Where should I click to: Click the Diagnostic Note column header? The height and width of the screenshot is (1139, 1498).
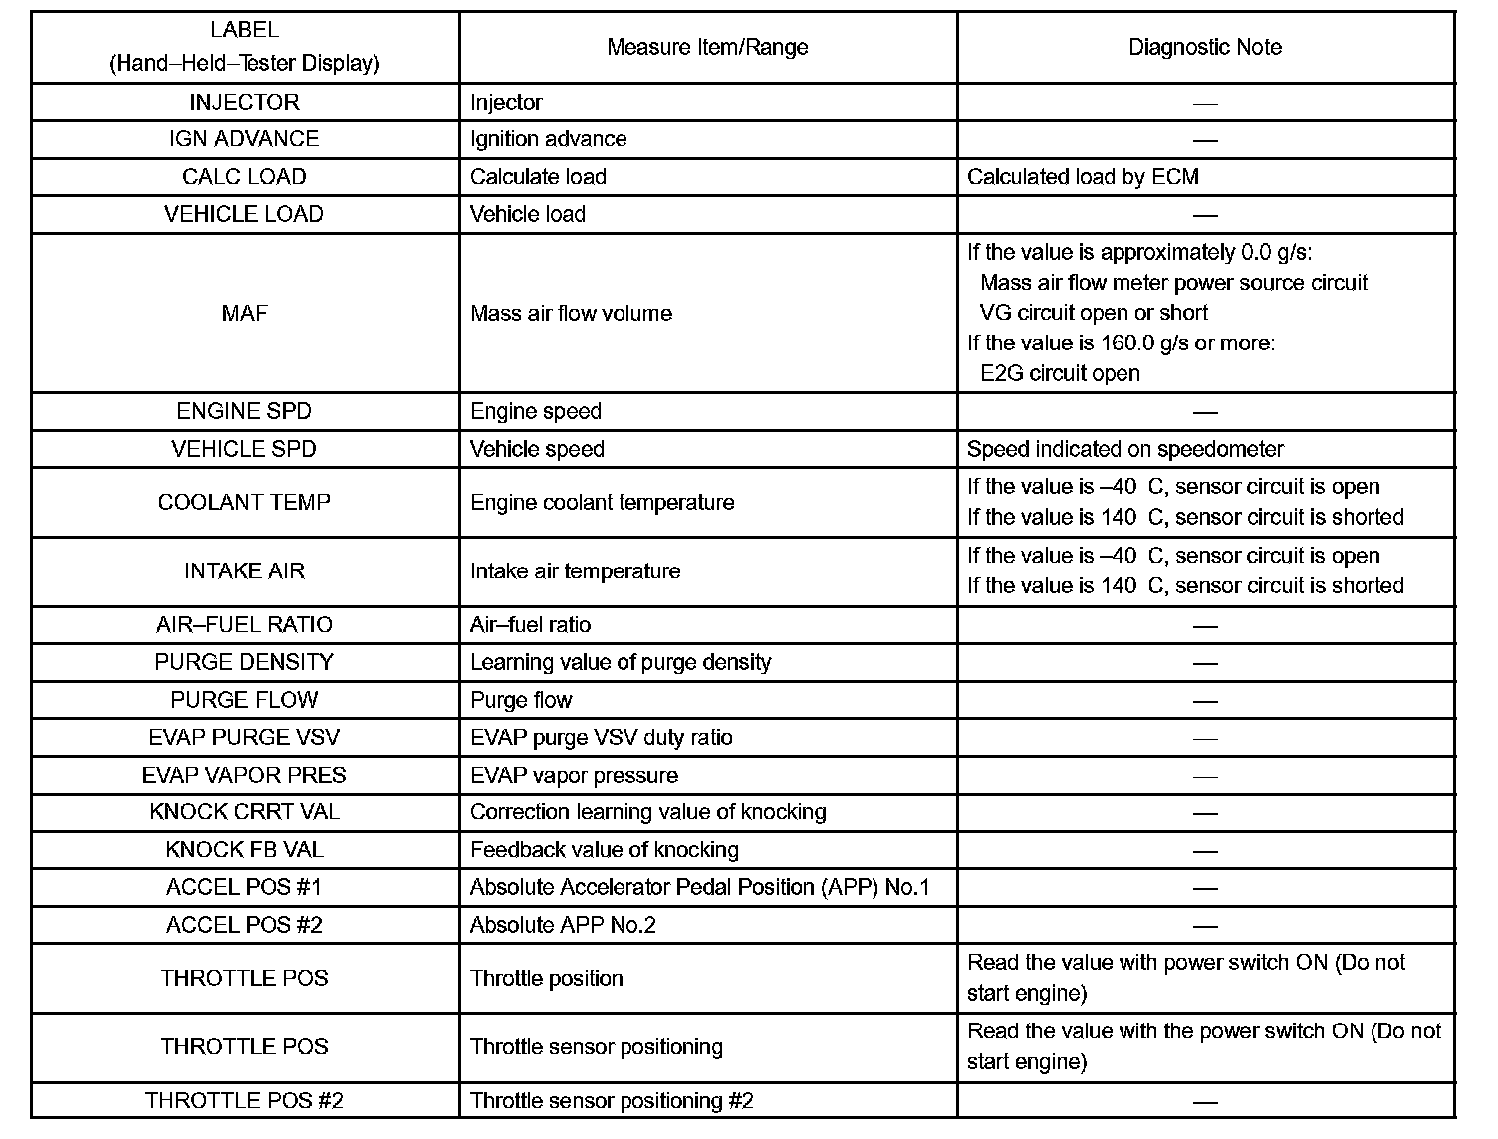pyautogui.click(x=1204, y=47)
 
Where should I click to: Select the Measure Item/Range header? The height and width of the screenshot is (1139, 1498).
pyautogui.click(x=707, y=47)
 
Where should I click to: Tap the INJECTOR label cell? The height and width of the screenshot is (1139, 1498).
pyautogui.click(x=244, y=102)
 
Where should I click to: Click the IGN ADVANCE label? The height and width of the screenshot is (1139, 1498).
pyautogui.click(x=244, y=139)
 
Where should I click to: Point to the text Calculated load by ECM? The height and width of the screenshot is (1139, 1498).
pyautogui.click(x=1083, y=177)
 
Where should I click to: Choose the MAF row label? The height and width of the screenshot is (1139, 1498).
pyautogui.click(x=244, y=313)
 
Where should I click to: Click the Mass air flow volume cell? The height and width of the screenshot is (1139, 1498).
pyautogui.click(x=571, y=313)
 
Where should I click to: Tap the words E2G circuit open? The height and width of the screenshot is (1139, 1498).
pyautogui.click(x=1060, y=373)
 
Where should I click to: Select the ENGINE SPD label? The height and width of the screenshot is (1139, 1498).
pyautogui.click(x=244, y=411)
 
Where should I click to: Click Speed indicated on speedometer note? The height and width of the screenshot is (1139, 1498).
pyautogui.click(x=1125, y=449)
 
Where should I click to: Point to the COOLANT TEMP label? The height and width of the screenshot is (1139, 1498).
pyautogui.click(x=244, y=502)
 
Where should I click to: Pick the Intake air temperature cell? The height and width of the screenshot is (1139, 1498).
pyautogui.click(x=575, y=571)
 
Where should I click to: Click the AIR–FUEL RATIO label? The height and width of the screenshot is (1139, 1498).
pyautogui.click(x=244, y=625)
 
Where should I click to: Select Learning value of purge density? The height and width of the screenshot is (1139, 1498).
pyautogui.click(x=621, y=663)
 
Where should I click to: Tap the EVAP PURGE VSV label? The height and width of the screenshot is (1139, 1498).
pyautogui.click(x=244, y=738)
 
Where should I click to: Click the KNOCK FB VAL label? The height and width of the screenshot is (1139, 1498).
pyautogui.click(x=244, y=850)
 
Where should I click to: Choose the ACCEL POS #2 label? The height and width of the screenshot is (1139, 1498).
pyautogui.click(x=244, y=925)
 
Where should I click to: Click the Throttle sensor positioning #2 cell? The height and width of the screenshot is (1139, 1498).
pyautogui.click(x=612, y=1100)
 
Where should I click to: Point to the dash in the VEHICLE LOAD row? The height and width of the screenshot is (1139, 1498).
pyautogui.click(x=1205, y=215)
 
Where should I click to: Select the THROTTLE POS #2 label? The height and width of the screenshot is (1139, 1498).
pyautogui.click(x=244, y=1100)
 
